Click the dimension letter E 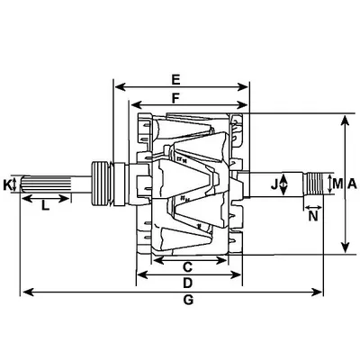[175, 80]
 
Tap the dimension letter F [175, 98]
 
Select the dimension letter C [187, 266]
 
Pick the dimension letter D [187, 283]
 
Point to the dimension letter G [188, 300]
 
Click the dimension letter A [352, 184]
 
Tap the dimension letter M [337, 184]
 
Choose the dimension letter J [274, 185]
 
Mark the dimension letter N [313, 216]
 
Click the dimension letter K [7, 184]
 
